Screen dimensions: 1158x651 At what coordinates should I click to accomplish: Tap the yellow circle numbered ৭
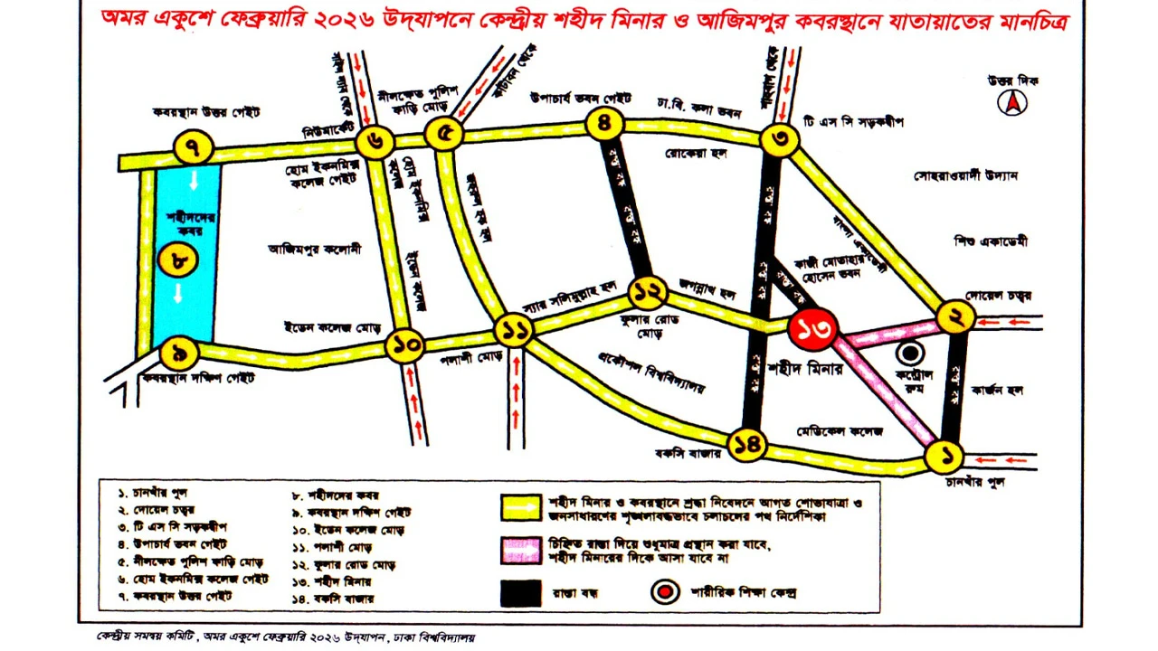point(194,146)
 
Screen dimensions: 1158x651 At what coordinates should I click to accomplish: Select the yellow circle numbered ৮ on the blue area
point(178,261)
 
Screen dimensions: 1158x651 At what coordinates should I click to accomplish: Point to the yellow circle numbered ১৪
point(748,444)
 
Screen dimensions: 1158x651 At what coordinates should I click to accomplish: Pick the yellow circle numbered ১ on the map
point(945,457)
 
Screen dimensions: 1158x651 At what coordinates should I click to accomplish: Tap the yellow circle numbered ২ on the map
point(956,317)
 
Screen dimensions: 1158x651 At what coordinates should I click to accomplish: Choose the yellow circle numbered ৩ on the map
point(779,140)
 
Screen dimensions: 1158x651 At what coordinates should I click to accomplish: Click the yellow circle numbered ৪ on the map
point(605,123)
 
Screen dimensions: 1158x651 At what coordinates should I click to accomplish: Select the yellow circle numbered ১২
point(649,291)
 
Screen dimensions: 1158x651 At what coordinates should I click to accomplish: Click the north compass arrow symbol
point(1012,103)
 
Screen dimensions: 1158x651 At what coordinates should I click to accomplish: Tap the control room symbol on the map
point(910,354)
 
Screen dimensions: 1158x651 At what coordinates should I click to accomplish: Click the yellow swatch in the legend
point(521,506)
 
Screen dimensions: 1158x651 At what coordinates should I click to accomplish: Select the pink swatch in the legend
point(521,549)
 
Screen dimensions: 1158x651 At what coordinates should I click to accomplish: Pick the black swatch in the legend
point(521,592)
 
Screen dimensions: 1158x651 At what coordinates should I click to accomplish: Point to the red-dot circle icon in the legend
point(665,592)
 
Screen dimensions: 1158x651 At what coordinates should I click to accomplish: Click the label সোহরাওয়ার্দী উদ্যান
point(965,175)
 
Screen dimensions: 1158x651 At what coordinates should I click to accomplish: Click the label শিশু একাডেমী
point(991,241)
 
